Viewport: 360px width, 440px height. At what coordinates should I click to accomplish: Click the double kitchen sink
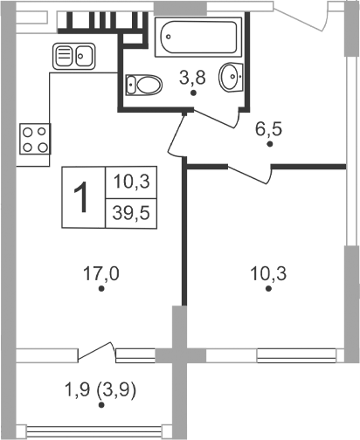click(x=74, y=57)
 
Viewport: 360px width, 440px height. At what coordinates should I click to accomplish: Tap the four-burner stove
click(x=34, y=139)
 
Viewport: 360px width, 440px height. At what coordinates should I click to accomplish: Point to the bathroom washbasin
click(x=232, y=78)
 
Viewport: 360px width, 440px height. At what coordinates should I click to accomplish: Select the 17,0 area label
click(x=101, y=272)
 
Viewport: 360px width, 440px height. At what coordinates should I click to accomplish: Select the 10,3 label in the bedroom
click(x=269, y=272)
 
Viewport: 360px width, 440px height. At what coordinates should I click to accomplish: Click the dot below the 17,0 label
click(x=101, y=289)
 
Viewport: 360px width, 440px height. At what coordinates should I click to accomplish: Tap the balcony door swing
click(x=96, y=351)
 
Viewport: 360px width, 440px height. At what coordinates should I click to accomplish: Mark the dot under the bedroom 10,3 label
click(x=269, y=289)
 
